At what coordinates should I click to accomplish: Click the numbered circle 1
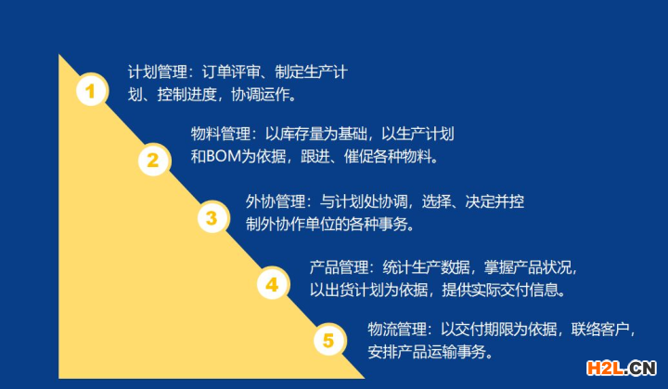click(x=92, y=90)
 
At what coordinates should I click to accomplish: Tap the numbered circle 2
click(x=154, y=160)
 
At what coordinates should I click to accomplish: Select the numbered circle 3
click(x=213, y=217)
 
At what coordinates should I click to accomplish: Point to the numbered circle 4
click(x=273, y=284)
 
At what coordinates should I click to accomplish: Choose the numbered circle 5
click(x=329, y=340)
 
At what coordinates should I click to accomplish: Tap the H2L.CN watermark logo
click(x=622, y=368)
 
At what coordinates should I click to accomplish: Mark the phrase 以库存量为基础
click(x=316, y=134)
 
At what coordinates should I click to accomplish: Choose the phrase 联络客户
click(x=600, y=330)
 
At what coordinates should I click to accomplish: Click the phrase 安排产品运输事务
click(x=427, y=352)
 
